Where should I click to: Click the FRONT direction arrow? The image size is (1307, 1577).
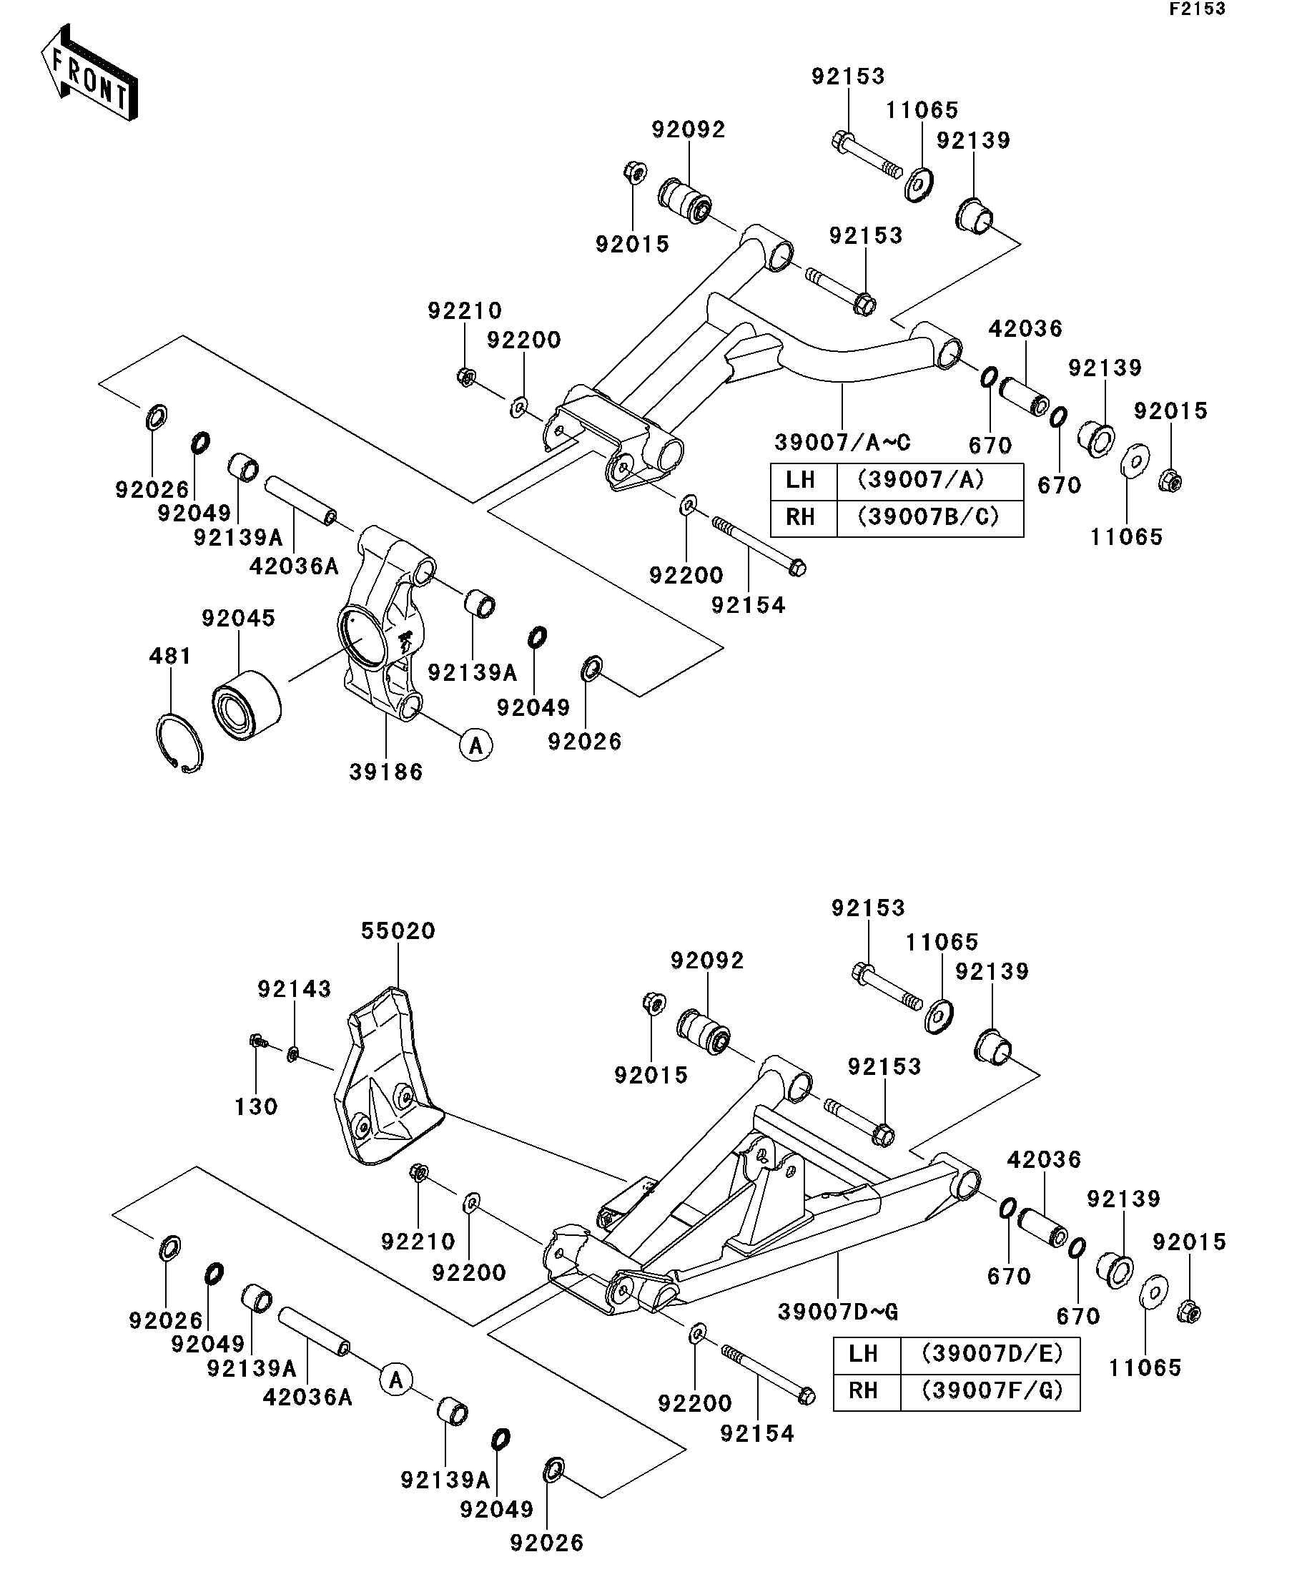(x=89, y=73)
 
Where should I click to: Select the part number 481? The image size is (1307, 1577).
(x=170, y=656)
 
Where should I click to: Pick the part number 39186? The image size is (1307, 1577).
(x=386, y=771)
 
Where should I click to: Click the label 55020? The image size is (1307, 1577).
(x=398, y=930)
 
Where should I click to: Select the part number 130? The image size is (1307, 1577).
(x=256, y=1106)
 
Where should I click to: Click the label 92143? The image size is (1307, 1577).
(x=295, y=989)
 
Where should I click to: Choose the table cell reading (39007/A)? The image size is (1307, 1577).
(x=930, y=480)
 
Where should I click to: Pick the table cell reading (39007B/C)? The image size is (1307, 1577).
(x=930, y=518)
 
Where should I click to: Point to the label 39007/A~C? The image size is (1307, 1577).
(x=842, y=442)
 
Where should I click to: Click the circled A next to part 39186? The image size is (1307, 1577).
(x=476, y=745)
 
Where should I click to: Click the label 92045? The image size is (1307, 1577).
(x=238, y=618)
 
